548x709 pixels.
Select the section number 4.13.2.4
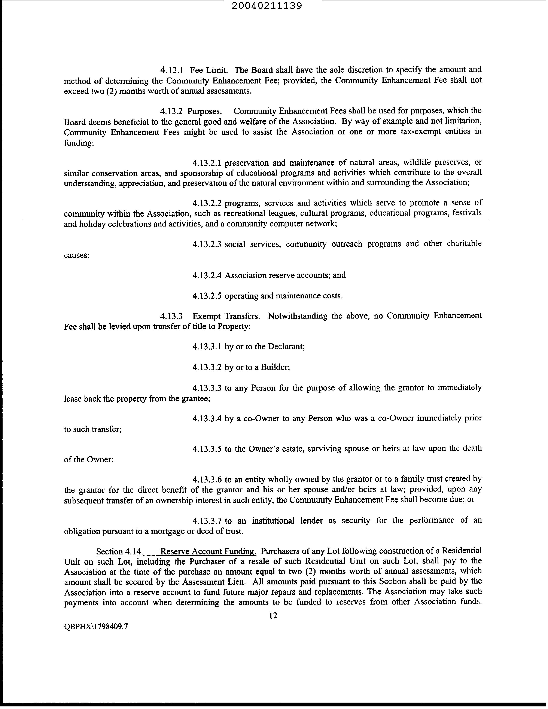[x=207, y=276]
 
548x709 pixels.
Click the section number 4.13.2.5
[x=207, y=296]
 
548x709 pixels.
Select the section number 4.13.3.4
[x=207, y=419]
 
